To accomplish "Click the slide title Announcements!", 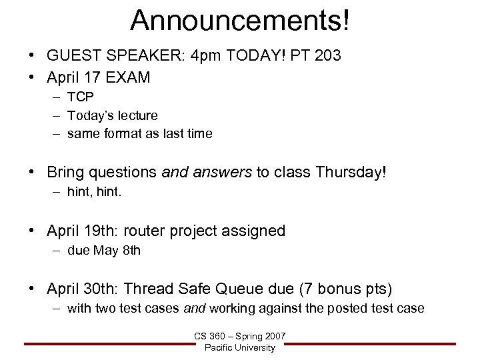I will [x=239, y=20].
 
